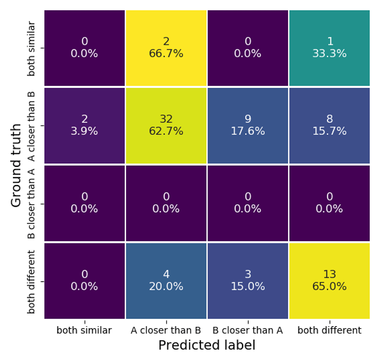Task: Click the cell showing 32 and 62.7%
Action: coord(166,125)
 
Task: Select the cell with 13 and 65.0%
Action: coord(329,281)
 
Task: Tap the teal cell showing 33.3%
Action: coord(329,48)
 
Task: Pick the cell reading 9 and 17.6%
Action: coord(248,125)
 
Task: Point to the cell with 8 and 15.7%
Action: coord(329,125)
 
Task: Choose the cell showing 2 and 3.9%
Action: coord(85,125)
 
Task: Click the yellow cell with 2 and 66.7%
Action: coord(166,48)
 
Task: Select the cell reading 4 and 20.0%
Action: coord(166,281)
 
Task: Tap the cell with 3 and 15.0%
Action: coord(248,281)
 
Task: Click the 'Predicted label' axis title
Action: coord(207,345)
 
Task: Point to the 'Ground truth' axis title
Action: coord(16,165)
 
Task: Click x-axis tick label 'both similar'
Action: coord(84,330)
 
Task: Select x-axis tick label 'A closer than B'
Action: coord(166,330)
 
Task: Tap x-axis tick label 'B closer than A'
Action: coord(247,330)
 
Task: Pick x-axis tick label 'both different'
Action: coord(329,330)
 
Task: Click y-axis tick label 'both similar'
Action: coord(31,49)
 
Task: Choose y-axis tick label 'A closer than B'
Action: coord(31,126)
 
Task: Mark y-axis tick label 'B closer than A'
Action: coord(31,204)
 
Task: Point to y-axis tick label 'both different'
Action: coord(31,282)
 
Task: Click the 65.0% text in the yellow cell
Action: coord(329,286)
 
